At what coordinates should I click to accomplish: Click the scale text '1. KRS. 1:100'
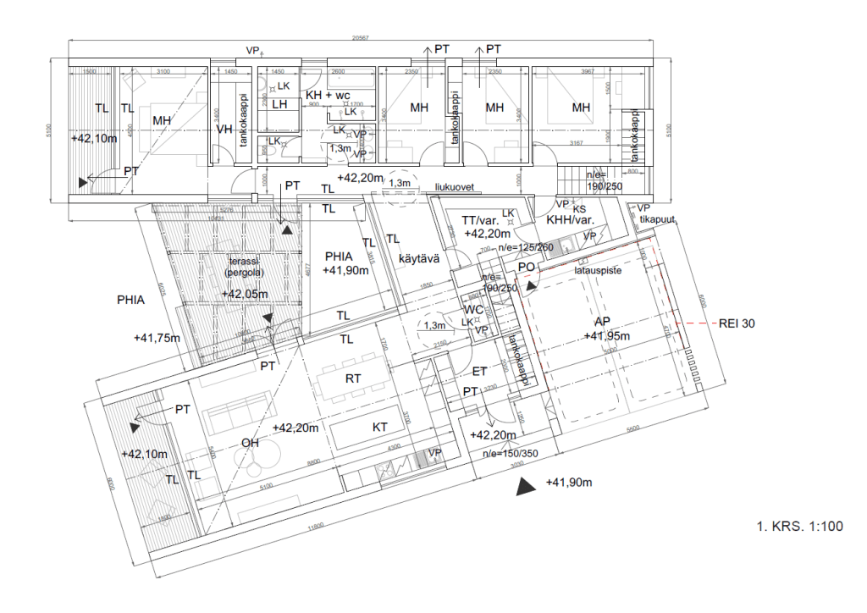pyautogui.click(x=800, y=527)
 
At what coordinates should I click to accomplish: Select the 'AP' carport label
pyautogui.click(x=603, y=322)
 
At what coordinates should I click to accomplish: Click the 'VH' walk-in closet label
pyautogui.click(x=224, y=130)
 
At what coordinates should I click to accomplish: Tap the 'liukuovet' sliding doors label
pyautogui.click(x=453, y=187)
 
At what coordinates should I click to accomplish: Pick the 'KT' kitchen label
pyautogui.click(x=381, y=428)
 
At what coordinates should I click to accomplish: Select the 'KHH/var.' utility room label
pyautogui.click(x=570, y=219)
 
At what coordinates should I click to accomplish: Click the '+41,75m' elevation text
pyautogui.click(x=157, y=338)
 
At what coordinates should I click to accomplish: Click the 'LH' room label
pyautogui.click(x=280, y=104)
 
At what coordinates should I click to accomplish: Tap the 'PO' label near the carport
pyautogui.click(x=525, y=267)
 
